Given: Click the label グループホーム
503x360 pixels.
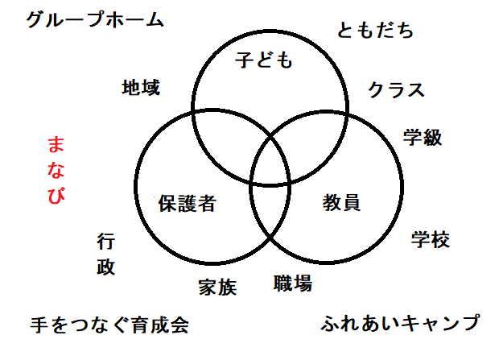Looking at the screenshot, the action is point(95,19).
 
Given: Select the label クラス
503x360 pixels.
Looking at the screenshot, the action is point(396,89).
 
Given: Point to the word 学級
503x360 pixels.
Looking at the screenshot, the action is point(422,137).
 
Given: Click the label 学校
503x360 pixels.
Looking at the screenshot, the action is point(431,239).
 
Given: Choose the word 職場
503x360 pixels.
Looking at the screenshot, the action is point(292,283).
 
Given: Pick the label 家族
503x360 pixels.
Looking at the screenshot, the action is point(217,287).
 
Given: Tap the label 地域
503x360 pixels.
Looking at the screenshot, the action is point(141,86).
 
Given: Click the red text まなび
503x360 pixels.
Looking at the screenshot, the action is point(56,171).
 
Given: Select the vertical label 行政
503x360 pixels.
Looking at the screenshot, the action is point(106,254).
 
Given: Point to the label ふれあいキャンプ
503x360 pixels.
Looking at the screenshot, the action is point(400,324).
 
